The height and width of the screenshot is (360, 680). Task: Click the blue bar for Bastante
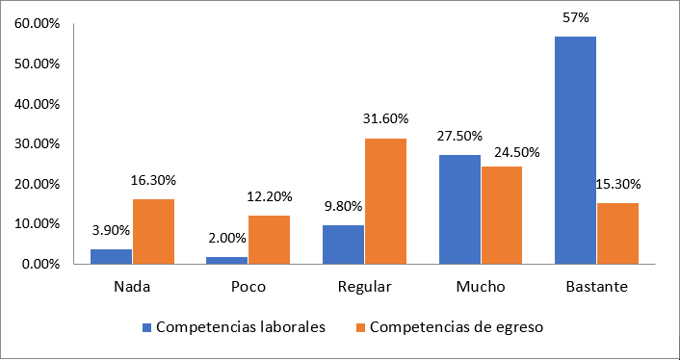(575, 149)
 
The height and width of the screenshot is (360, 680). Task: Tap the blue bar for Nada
(112, 256)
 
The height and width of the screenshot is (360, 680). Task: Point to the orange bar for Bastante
(617, 233)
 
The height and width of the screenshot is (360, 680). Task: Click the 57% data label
(577, 17)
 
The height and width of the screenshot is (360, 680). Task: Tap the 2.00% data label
(227, 237)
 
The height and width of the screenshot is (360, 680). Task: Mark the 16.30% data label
(153, 179)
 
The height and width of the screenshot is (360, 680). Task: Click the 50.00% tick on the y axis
(38, 64)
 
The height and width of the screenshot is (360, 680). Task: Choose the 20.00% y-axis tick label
(38, 184)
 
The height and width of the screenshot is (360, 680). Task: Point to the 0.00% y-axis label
(40, 264)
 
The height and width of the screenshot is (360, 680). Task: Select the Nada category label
(132, 287)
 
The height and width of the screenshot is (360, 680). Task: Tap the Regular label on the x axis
(364, 287)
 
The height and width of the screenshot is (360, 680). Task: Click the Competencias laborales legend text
(240, 326)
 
